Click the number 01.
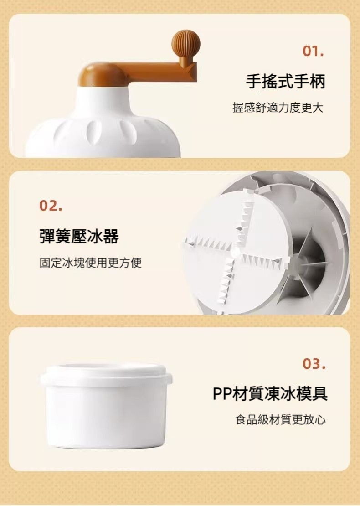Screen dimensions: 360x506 (x=313, y=51)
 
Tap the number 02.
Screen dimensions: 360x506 (x=51, y=206)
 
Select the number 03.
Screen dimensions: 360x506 (x=314, y=364)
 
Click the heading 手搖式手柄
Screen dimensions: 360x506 (x=285, y=81)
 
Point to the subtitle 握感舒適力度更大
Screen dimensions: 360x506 (x=278, y=108)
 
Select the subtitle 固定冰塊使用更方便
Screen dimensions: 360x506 (x=90, y=263)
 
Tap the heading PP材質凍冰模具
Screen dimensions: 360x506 (x=270, y=393)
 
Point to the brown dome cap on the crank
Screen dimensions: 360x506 (x=101, y=75)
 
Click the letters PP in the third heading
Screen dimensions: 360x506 (x=222, y=394)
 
